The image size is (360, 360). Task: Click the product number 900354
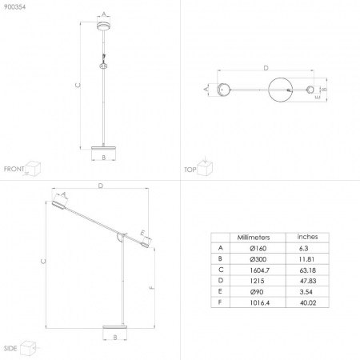tap(14, 7)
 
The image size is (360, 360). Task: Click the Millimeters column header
tap(254, 238)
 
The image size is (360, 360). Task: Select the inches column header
tap(307, 237)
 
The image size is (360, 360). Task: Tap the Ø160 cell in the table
tap(258, 249)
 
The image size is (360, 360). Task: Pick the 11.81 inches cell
tap(306, 259)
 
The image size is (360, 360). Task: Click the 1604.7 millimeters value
tap(259, 270)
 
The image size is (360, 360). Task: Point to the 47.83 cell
tap(308, 281)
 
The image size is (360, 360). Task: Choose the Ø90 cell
tap(257, 292)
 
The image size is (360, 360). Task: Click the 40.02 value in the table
tap(308, 303)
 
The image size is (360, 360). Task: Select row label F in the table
tap(220, 302)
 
